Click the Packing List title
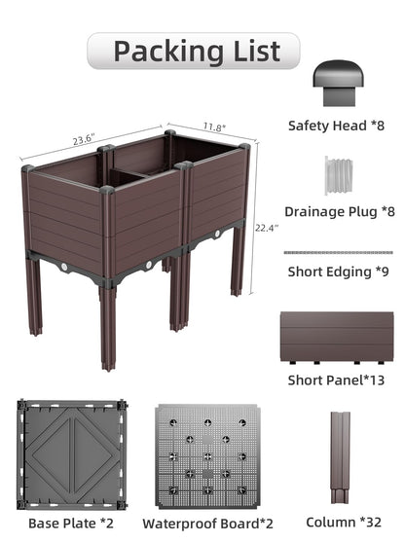tap(197, 52)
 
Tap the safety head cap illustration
tap(338, 83)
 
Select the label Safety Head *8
tap(337, 126)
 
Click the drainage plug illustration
tap(339, 175)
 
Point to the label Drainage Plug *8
tap(340, 211)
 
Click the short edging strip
tap(338, 252)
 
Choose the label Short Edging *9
tap(339, 271)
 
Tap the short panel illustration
tap(337, 338)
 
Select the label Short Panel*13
tap(337, 380)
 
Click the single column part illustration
tap(340, 457)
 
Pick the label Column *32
tap(344, 522)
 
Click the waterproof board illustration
tap(207, 456)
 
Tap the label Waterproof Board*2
tap(207, 524)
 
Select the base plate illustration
tap(72, 454)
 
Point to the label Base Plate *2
tap(71, 524)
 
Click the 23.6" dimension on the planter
tap(84, 139)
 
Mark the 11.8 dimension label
tap(214, 127)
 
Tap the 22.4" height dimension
tap(267, 229)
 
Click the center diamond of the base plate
tap(72, 454)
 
